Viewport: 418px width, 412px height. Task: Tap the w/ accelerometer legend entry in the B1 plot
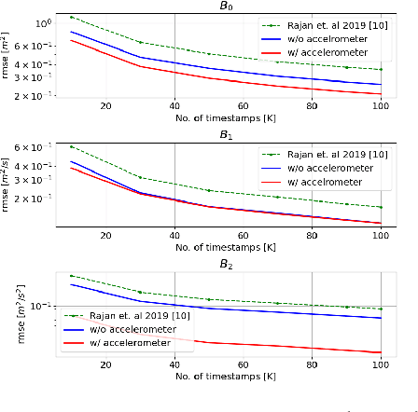point(318,181)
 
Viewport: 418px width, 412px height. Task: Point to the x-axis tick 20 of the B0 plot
point(104,105)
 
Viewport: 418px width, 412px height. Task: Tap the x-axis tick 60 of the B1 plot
point(243,235)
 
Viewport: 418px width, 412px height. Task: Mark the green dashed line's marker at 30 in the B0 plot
point(140,42)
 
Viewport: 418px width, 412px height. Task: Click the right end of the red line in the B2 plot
point(380,352)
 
